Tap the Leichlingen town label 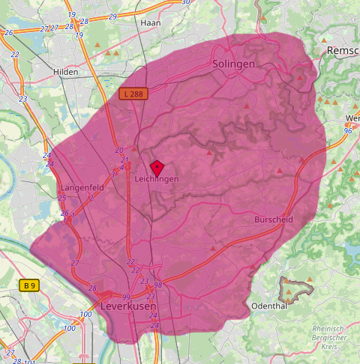(157, 180)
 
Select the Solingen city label (234, 64)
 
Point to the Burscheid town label (273, 219)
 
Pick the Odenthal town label (268, 306)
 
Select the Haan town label (150, 23)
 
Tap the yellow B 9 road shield (29, 285)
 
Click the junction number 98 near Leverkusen (158, 285)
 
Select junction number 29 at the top (112, 16)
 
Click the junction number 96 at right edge (348, 131)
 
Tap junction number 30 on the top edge (184, 3)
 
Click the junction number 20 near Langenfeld (118, 151)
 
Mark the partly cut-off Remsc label (343, 50)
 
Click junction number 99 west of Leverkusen (126, 297)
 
